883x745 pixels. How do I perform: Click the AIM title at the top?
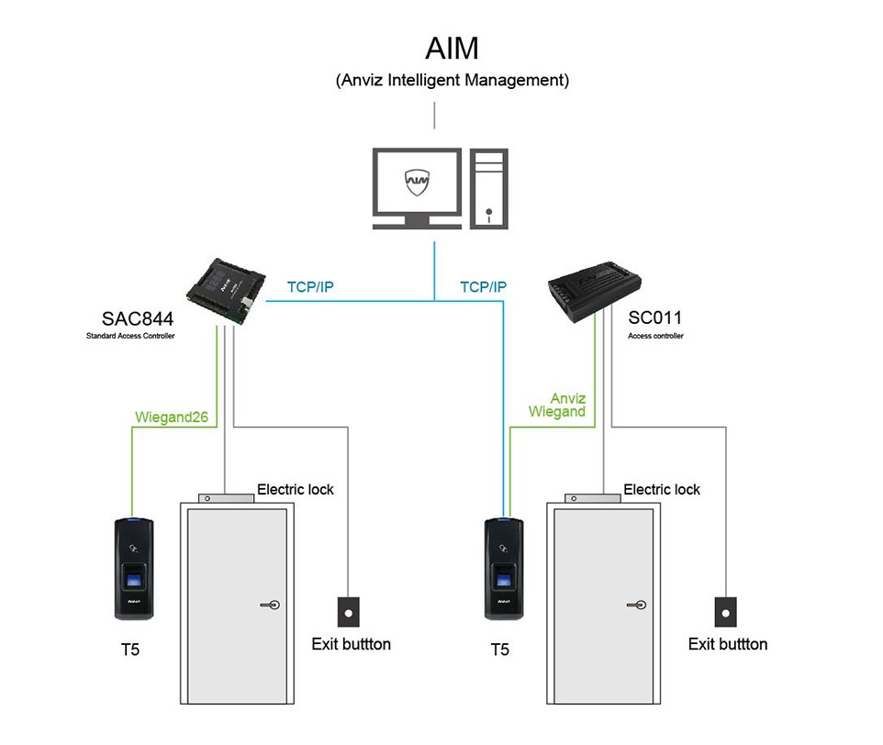coord(452,47)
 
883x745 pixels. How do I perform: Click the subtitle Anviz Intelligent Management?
coord(453,80)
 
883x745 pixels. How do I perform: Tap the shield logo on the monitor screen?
coord(417,182)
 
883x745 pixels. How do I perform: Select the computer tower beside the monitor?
coord(488,188)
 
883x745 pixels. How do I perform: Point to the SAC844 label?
coord(138,319)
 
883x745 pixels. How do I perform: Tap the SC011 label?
coord(654,319)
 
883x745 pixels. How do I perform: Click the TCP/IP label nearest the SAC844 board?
coord(310,287)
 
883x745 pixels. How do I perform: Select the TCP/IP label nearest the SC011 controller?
coord(483,287)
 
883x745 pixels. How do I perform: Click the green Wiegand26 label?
coord(172,417)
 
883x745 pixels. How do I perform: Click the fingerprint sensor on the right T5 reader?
coord(503,581)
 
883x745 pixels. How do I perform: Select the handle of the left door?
coord(271,606)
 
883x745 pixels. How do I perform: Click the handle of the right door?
coord(637,606)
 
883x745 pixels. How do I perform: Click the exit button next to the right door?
coord(726,611)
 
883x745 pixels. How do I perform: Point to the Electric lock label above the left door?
coord(295,490)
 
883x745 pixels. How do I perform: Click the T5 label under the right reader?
coord(499,650)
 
